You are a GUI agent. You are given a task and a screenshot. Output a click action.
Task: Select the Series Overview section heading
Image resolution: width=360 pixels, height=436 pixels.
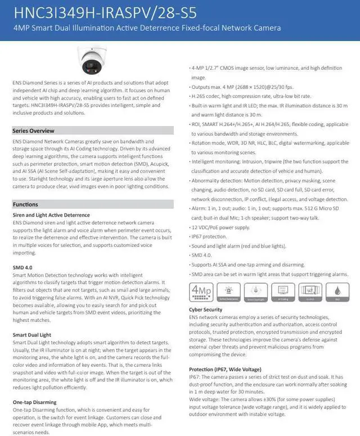[x=33, y=131]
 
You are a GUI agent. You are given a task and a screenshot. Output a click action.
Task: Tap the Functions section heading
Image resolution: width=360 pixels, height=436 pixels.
[x=25, y=204]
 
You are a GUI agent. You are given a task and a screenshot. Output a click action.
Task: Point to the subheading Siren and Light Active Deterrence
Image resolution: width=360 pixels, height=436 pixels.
[x=51, y=215]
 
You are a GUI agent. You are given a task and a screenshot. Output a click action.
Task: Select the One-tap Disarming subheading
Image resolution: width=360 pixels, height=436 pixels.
[x=34, y=402]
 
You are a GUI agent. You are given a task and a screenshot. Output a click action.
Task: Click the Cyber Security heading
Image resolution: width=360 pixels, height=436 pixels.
[x=205, y=309]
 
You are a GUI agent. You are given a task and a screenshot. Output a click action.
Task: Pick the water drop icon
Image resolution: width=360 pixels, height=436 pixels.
[x=336, y=292]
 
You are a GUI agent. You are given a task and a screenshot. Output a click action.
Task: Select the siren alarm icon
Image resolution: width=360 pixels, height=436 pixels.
[x=227, y=292]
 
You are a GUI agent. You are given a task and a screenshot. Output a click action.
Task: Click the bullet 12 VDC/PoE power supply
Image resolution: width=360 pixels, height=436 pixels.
[x=220, y=227]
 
